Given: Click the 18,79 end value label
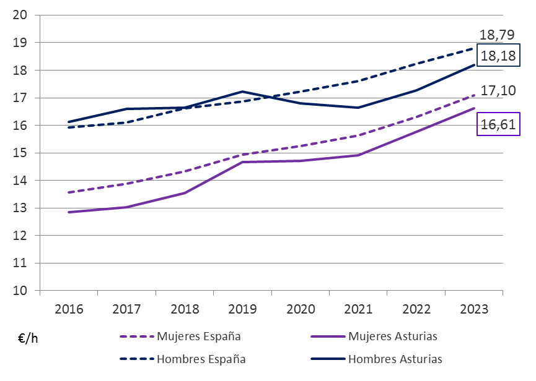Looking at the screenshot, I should (498, 35).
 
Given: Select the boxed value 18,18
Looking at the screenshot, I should (498, 56).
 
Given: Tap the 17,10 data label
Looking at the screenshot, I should (498, 92).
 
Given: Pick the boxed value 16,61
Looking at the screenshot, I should (498, 125).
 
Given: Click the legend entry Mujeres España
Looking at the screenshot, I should (198, 336).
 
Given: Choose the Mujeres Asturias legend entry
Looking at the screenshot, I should (393, 336).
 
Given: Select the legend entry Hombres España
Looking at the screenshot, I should (201, 359).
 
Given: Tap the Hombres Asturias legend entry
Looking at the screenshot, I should (395, 359).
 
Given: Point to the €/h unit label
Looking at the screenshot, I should (27, 338).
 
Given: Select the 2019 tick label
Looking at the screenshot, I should (241, 309).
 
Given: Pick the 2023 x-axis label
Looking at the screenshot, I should (474, 309).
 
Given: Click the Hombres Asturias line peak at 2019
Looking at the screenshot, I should (241, 92).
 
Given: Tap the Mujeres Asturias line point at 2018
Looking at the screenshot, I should (184, 193).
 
